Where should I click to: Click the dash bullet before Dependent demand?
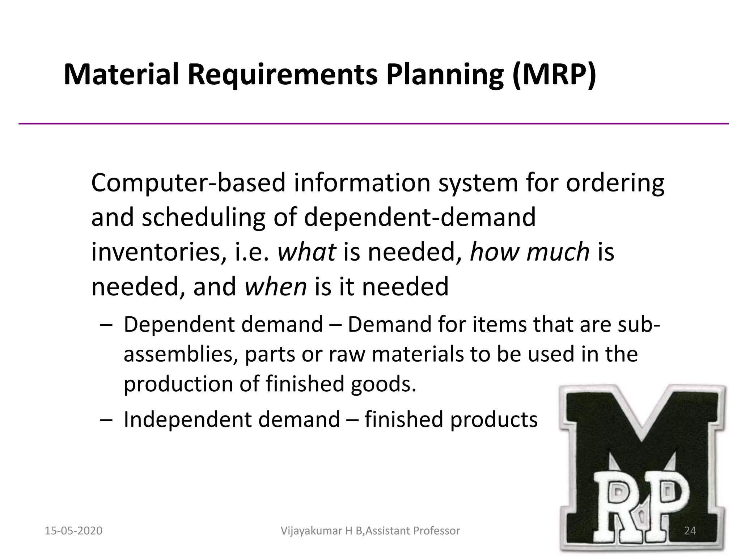coord(105,325)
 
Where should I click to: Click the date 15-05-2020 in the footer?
coord(73,531)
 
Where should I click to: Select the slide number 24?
coord(690,531)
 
